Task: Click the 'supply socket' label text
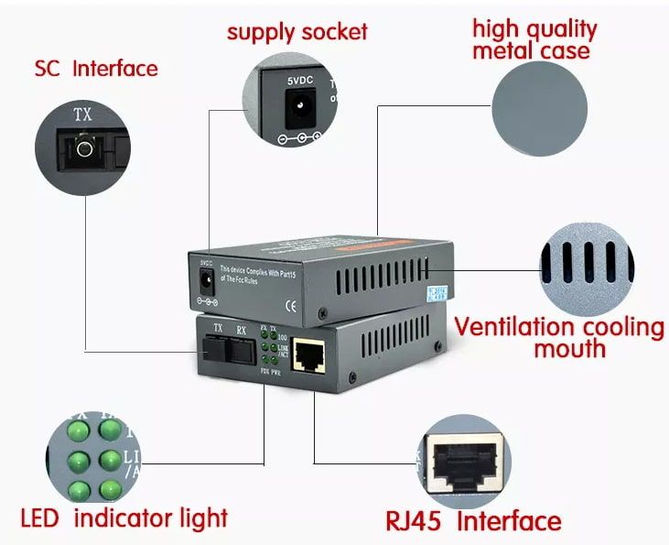click(297, 32)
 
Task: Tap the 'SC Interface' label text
click(96, 69)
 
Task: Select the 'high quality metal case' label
click(534, 38)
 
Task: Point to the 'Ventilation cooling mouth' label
click(559, 337)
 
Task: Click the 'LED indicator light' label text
click(124, 518)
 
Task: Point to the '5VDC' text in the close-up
click(299, 82)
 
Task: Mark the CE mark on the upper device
click(291, 306)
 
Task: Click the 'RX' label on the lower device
click(241, 328)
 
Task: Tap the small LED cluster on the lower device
click(269, 349)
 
